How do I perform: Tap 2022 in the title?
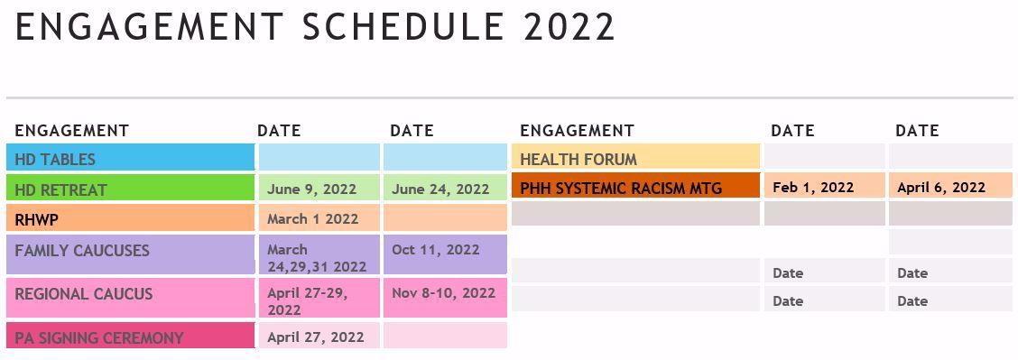point(569,27)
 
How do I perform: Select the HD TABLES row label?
point(55,160)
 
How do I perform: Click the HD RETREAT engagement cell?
point(60,189)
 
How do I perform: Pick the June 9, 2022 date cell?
point(312,189)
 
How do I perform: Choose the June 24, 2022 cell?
point(440,189)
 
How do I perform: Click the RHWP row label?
point(37,219)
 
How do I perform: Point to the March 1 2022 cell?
point(313,218)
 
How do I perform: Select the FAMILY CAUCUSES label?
point(82,251)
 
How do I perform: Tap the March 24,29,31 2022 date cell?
point(317,257)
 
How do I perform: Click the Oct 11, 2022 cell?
point(436,249)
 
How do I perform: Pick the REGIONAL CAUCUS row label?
point(84,294)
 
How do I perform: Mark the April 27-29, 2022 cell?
point(309,300)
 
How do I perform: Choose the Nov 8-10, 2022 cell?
point(444,292)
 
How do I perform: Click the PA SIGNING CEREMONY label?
point(99,337)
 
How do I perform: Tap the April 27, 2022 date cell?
point(316,337)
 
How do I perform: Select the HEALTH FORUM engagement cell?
point(578,160)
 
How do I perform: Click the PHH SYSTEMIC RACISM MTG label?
point(621,189)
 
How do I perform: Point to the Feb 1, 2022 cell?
point(813,187)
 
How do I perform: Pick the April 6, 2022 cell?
point(940,187)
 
